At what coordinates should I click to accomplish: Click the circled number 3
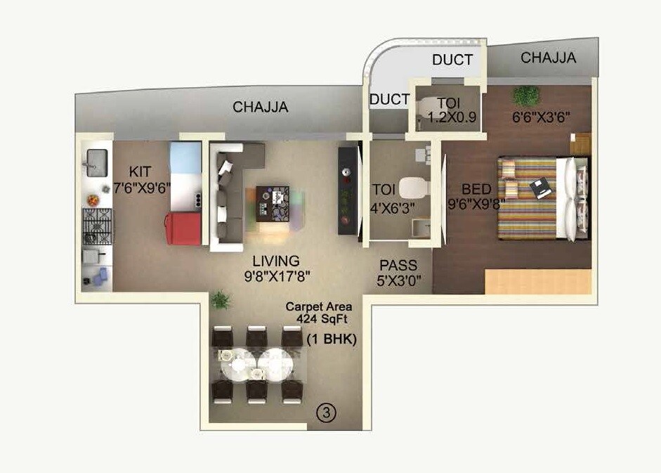[x=325, y=414]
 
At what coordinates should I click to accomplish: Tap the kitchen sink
[x=94, y=162]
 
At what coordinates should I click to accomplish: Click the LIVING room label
[x=277, y=261]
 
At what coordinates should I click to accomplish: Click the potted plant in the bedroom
[x=526, y=95]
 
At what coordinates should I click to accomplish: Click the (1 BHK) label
[x=332, y=339]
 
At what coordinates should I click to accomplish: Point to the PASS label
[x=398, y=266]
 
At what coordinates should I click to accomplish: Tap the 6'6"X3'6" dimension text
[x=539, y=117]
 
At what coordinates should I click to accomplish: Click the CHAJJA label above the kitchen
[x=261, y=108]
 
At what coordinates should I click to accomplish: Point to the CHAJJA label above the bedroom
[x=548, y=58]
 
